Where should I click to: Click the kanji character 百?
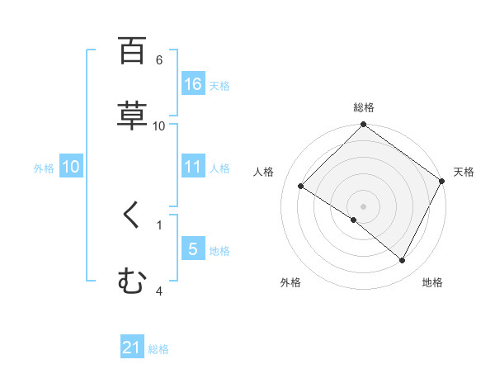pyautogui.click(x=132, y=50)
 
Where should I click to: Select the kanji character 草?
pyautogui.click(x=132, y=115)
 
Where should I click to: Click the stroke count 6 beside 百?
pyautogui.click(x=158, y=59)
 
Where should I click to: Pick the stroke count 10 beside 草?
pyautogui.click(x=159, y=125)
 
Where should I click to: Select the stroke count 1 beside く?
pyautogui.click(x=158, y=223)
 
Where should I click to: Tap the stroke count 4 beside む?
pyautogui.click(x=158, y=291)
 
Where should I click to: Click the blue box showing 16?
pyautogui.click(x=193, y=84)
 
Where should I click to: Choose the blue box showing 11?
pyautogui.click(x=193, y=167)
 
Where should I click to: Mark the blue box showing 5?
pyautogui.click(x=193, y=249)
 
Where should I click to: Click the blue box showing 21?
pyautogui.click(x=132, y=348)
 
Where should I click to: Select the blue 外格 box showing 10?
pyautogui.click(x=71, y=167)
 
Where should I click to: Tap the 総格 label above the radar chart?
pyautogui.click(x=363, y=107)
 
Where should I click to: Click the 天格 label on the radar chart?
pyautogui.click(x=464, y=172)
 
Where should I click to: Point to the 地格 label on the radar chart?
pyautogui.click(x=432, y=282)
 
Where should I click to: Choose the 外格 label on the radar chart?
pyautogui.click(x=290, y=282)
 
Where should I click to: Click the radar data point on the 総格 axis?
pyautogui.click(x=363, y=125)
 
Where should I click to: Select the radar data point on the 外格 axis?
pyautogui.click(x=354, y=220)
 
